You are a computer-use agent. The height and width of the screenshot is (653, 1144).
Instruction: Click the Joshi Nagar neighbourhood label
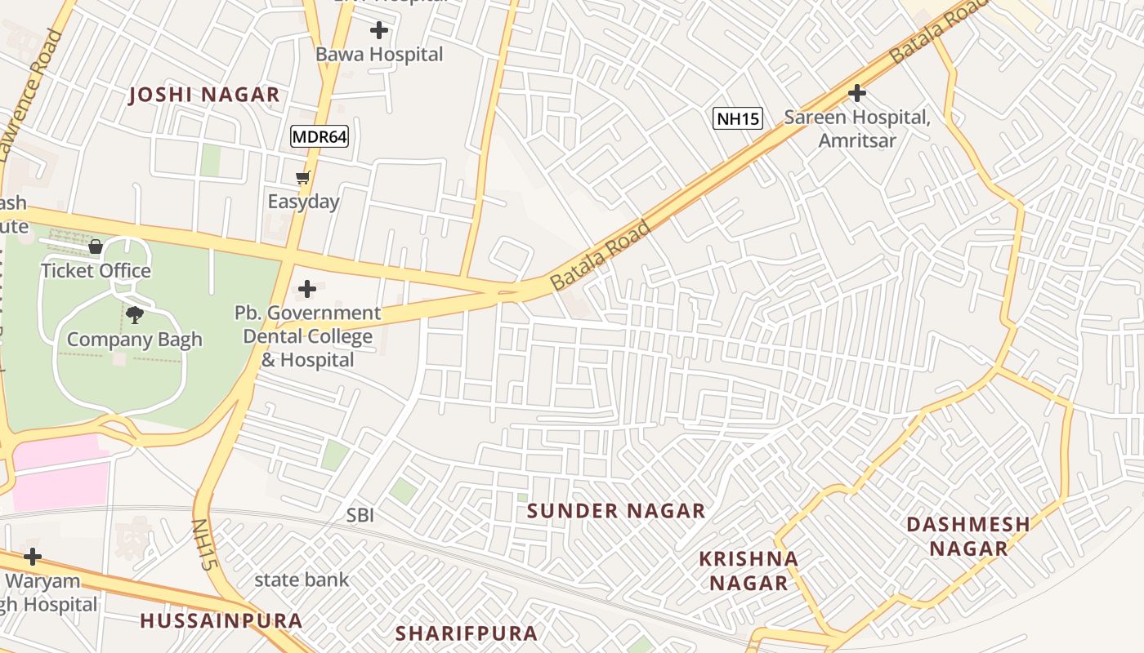[204, 95]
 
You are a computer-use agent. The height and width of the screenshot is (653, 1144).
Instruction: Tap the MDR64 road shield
[320, 136]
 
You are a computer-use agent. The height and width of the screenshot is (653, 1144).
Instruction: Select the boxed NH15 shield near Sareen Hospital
[738, 118]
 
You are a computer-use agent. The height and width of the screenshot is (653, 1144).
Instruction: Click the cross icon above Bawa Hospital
[379, 31]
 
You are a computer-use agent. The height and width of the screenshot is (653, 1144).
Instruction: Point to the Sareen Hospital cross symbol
[857, 93]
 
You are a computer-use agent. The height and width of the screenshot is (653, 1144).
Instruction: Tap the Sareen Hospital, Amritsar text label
[857, 128]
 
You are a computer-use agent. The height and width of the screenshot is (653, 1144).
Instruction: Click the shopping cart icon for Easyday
[303, 177]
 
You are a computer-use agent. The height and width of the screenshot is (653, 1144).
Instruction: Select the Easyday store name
[303, 201]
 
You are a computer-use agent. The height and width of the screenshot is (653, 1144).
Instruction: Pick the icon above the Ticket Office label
[96, 247]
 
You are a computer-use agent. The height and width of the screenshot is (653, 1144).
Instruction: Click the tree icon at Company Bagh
[135, 315]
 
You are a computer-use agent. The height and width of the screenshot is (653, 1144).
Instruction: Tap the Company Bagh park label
[135, 340]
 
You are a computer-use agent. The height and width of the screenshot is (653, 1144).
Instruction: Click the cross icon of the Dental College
[307, 289]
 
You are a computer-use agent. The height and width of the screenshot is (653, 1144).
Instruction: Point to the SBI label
[360, 515]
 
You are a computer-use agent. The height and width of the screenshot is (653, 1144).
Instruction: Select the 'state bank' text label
[302, 580]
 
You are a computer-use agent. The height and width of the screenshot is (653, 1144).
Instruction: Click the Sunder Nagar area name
[616, 511]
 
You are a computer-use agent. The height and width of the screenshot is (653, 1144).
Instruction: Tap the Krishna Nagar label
[749, 571]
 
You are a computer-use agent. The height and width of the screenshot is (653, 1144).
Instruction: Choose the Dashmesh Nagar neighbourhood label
[968, 536]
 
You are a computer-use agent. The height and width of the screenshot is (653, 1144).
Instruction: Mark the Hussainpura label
[221, 620]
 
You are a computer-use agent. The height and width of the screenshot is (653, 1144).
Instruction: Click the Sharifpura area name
[467, 633]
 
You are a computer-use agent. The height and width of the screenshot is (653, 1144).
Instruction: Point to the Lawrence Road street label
[31, 94]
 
